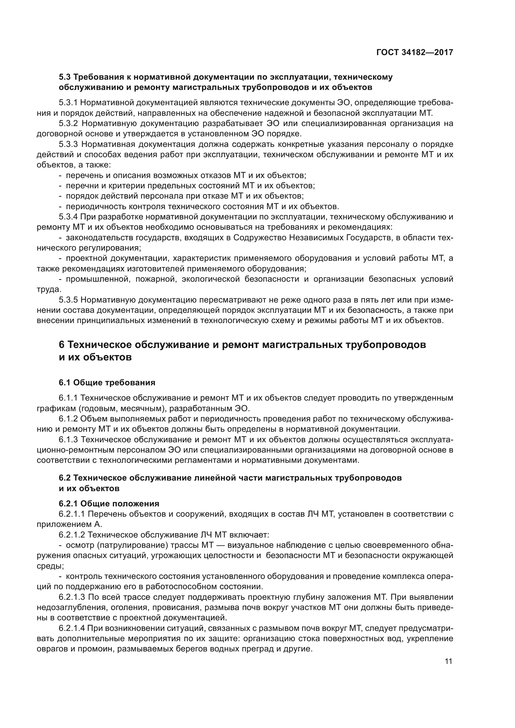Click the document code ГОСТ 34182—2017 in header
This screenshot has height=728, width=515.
(x=414, y=52)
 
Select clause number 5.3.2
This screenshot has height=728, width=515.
(x=69, y=123)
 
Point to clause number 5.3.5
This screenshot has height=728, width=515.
(x=69, y=300)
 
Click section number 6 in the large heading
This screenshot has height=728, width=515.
(x=62, y=345)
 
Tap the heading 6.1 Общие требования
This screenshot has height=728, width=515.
(x=107, y=383)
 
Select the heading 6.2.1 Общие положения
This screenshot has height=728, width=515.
(x=109, y=504)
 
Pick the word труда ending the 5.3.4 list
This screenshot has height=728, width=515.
(x=48, y=289)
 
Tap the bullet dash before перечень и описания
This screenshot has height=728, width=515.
(x=60, y=175)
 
